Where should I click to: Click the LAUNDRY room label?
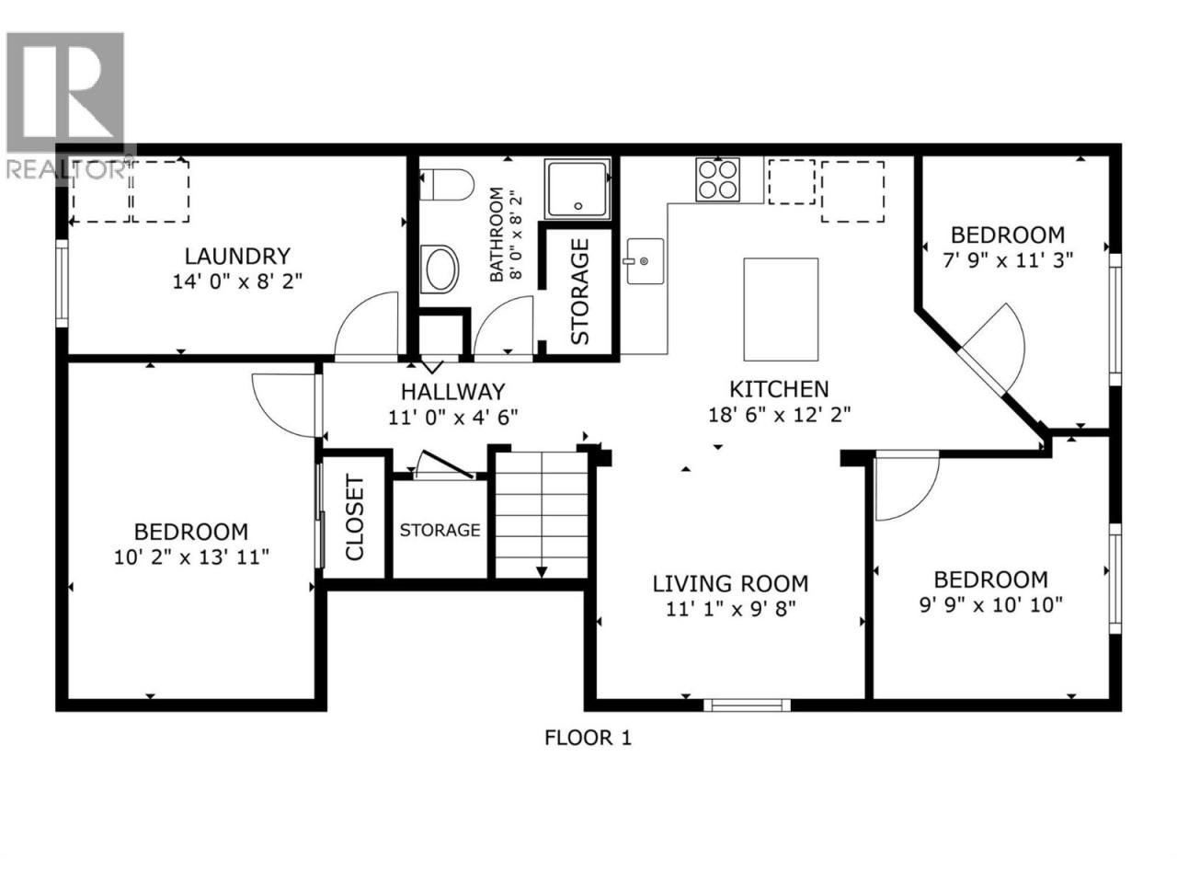point(237,257)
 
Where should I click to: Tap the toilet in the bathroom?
point(446,185)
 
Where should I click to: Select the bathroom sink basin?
point(440,269)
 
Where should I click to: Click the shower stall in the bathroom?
point(577,189)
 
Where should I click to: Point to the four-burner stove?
point(717,179)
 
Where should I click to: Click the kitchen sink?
point(645,261)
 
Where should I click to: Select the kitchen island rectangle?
point(780,309)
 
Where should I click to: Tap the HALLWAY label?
point(452,392)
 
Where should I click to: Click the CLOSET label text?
point(355,518)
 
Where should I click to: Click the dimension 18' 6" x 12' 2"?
point(780,415)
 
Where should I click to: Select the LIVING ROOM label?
point(730,583)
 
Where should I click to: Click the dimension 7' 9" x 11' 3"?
point(1008,260)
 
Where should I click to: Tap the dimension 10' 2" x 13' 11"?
point(191,557)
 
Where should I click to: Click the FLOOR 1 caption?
point(588,739)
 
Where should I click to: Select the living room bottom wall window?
point(747,705)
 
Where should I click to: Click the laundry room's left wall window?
point(63,283)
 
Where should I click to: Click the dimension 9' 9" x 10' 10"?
point(991,605)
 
